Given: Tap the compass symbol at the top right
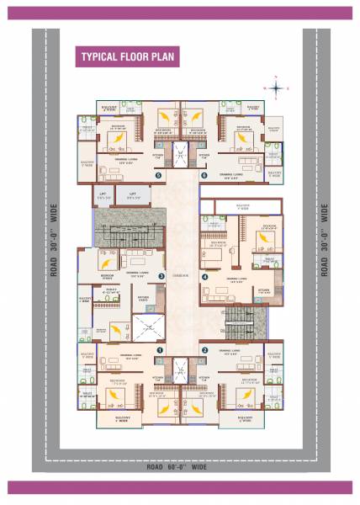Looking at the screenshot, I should pos(278,87).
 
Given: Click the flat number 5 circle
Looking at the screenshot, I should pos(159,176).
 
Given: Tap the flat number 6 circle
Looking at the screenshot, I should pos(203,176).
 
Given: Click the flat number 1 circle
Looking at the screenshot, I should pos(159,348).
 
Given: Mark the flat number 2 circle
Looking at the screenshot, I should pos(204,348).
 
